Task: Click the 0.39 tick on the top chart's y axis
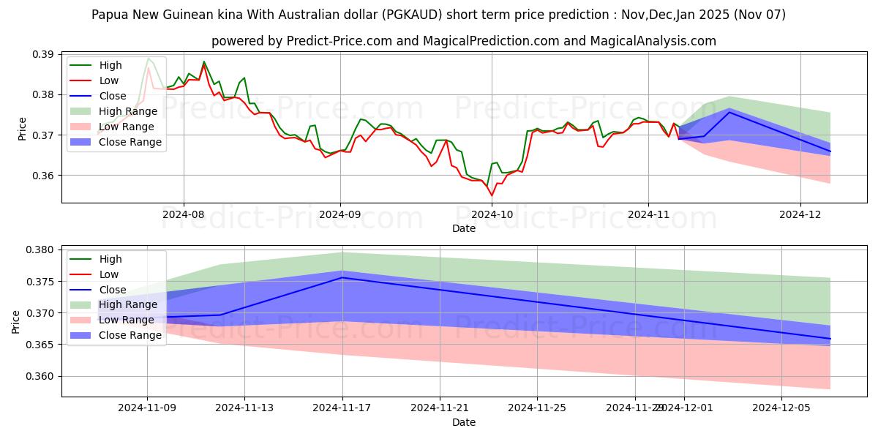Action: pos(44,55)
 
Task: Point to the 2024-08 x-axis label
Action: pos(183,214)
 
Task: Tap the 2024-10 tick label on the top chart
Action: pos(492,214)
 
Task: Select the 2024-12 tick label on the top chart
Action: pos(801,214)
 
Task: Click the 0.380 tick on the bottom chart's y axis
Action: pos(40,250)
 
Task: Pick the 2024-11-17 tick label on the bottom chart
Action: pos(342,408)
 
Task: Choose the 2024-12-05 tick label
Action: pos(782,408)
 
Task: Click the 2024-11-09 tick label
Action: pos(148,408)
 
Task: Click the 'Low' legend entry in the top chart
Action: pos(110,80)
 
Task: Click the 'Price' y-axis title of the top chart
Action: pos(22,129)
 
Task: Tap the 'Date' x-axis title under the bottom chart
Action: pos(464,422)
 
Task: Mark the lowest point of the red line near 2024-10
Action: pos(492,195)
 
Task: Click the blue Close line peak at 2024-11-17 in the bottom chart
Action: pos(342,277)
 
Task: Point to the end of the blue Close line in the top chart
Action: pos(830,151)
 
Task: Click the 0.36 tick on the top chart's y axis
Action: pos(44,176)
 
